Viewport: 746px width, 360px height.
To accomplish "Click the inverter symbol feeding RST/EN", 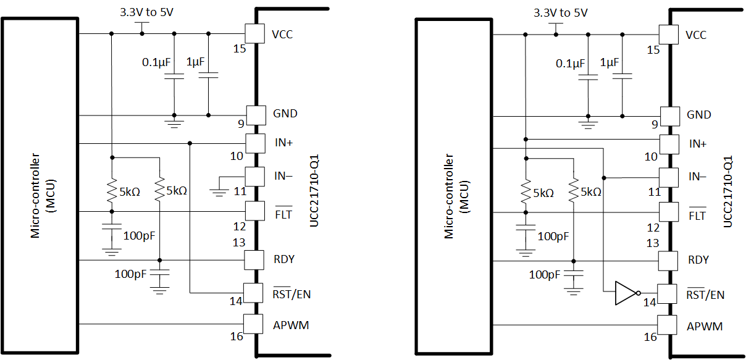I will (626, 293).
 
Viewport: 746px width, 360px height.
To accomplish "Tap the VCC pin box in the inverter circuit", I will (669, 34).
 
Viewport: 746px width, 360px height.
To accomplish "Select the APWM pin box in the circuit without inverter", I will (254, 324).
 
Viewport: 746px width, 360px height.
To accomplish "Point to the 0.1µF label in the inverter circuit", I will (570, 63).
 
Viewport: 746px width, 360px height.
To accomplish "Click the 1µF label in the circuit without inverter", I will (195, 62).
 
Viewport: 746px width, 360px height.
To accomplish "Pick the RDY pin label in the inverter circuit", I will (698, 260).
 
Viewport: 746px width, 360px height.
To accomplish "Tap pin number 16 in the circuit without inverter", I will (237, 336).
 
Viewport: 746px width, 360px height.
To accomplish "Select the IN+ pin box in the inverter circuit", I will (669, 144).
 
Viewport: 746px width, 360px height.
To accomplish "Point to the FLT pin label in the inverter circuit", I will (697, 216).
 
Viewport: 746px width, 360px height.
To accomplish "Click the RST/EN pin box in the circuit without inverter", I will (254, 291).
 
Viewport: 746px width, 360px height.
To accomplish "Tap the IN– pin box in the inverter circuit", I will (669, 177).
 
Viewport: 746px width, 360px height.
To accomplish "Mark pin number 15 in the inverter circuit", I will (653, 49).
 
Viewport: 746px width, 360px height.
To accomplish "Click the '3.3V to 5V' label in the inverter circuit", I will (560, 12).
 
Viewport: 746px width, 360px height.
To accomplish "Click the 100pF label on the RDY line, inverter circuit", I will (545, 274).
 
